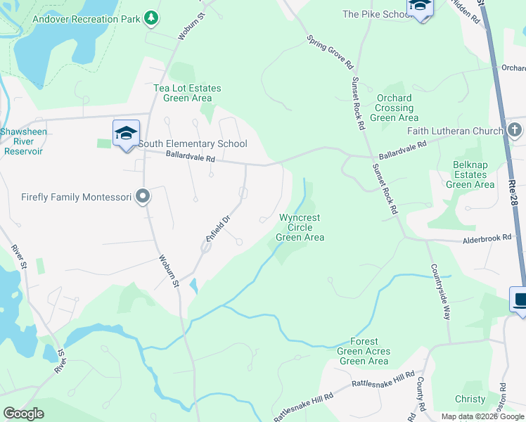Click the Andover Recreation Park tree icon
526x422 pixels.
pyautogui.click(x=150, y=17)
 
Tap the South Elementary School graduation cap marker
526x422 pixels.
pyautogui.click(x=126, y=134)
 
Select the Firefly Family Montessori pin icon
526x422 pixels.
pyautogui.click(x=143, y=197)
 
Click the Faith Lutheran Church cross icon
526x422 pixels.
pyautogui.click(x=515, y=130)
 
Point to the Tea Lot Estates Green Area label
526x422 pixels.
pyautogui.click(x=187, y=93)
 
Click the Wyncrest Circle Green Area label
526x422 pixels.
pyautogui.click(x=300, y=227)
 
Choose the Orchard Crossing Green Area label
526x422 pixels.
pyautogui.click(x=394, y=108)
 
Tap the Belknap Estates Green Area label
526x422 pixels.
pyautogui.click(x=470, y=174)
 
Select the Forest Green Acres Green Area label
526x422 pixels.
pyautogui.click(x=364, y=351)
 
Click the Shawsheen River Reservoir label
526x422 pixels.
pyautogui.click(x=21, y=141)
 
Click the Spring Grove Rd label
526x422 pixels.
pyautogui.click(x=330, y=51)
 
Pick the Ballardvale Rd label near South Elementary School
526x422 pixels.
pyautogui.click(x=189, y=160)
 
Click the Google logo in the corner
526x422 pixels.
pyautogui.click(x=23, y=414)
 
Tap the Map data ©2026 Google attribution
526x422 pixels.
pyautogui.click(x=482, y=416)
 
